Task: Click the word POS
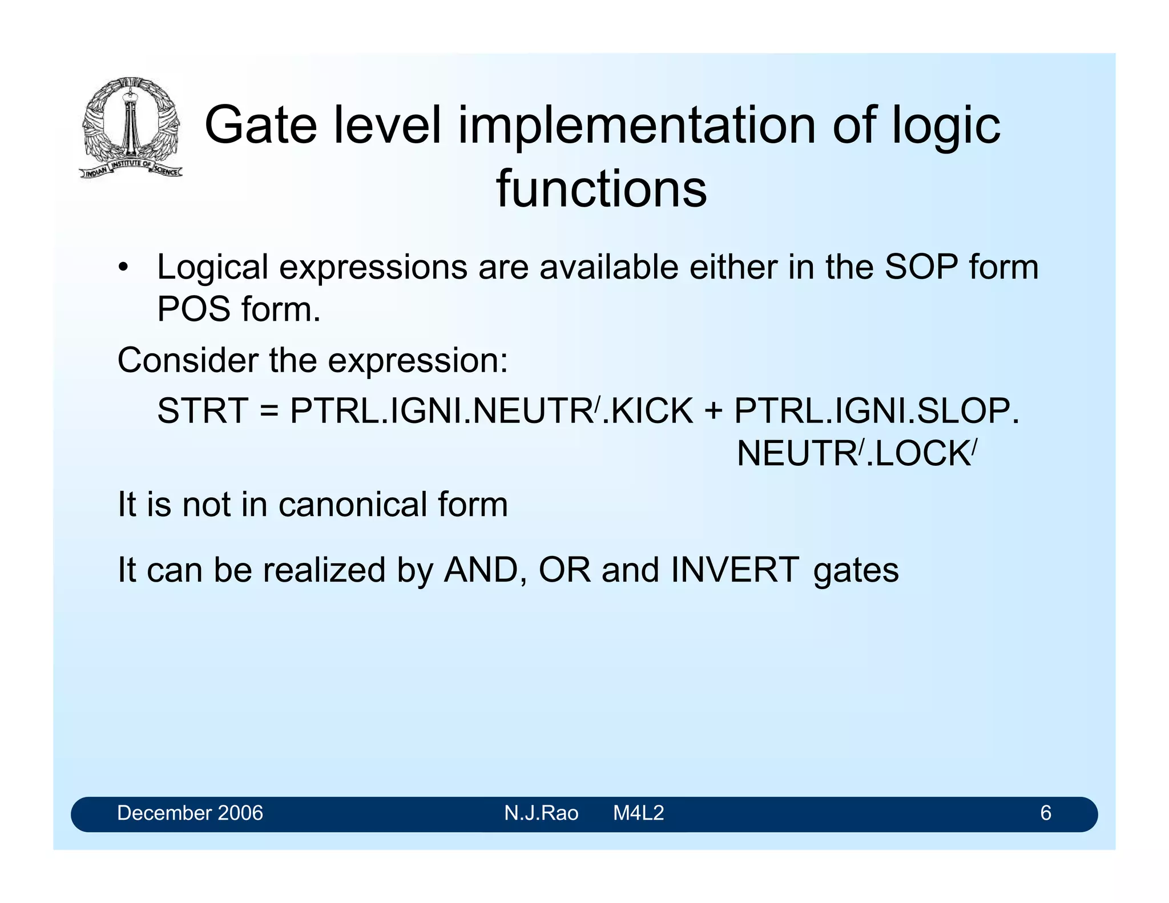pyautogui.click(x=194, y=309)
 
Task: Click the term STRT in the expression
pyautogui.click(x=203, y=410)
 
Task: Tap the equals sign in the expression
pyautogui.click(x=269, y=412)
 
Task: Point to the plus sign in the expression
pyautogui.click(x=712, y=412)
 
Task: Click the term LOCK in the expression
pyautogui.click(x=921, y=454)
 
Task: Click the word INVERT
pyautogui.click(x=735, y=570)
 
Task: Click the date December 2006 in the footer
pyautogui.click(x=190, y=813)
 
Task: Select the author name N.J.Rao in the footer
pyautogui.click(x=541, y=813)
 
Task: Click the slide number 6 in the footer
pyautogui.click(x=1045, y=813)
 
